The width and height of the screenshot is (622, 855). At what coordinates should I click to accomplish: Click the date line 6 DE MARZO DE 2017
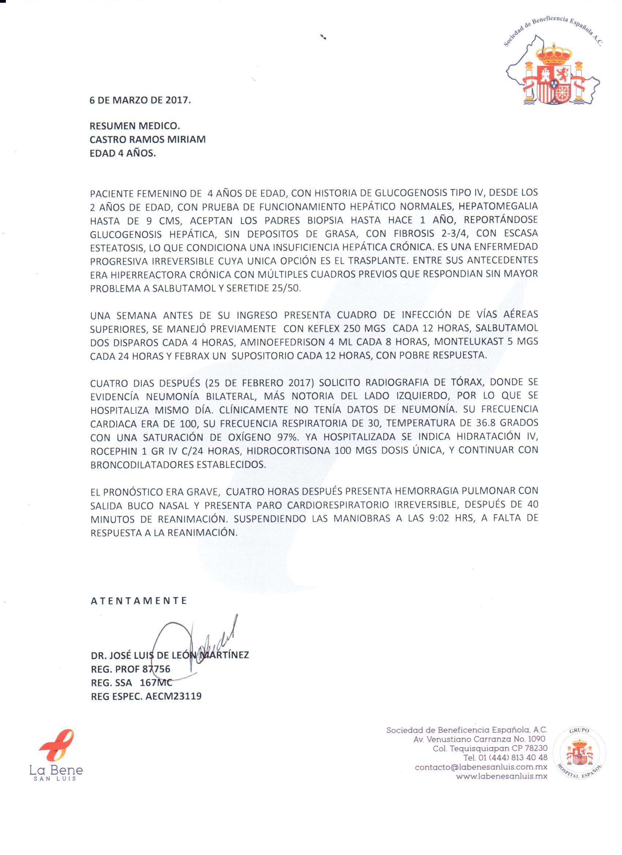(140, 101)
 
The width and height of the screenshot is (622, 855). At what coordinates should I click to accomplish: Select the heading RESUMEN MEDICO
(135, 125)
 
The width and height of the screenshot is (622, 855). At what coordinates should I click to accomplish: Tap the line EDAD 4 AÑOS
(123, 153)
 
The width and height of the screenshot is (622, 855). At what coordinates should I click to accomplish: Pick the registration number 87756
(157, 669)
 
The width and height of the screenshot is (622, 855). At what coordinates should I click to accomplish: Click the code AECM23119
(173, 696)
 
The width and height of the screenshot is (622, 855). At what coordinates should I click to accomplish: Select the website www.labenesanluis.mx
(501, 777)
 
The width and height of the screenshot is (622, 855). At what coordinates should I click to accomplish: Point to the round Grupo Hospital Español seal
(580, 754)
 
